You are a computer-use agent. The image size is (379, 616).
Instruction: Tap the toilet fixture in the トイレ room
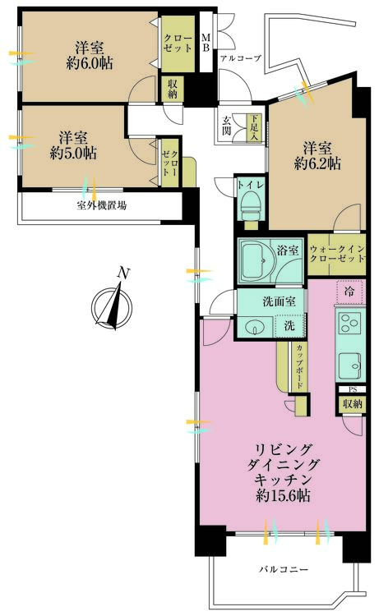250,208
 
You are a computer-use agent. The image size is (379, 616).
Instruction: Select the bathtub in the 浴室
257,261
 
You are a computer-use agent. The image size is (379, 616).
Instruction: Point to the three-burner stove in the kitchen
349,323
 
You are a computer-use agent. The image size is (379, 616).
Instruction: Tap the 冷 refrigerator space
349,291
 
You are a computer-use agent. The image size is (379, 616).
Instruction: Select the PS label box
353,389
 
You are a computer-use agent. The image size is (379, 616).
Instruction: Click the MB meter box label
206,43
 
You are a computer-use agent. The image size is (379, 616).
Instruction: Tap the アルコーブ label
241,58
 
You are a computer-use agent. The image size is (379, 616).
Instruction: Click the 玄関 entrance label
226,126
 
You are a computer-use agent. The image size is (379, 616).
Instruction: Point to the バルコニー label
284,569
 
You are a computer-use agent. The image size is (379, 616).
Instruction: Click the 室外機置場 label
101,205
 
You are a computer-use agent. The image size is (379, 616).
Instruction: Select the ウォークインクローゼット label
337,254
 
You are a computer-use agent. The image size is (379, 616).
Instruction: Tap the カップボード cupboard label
299,366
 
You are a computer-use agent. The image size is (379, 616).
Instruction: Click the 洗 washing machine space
289,326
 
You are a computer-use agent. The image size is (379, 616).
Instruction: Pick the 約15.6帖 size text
283,496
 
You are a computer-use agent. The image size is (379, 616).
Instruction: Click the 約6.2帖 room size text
317,163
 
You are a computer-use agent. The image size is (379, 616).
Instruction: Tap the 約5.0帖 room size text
73,154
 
